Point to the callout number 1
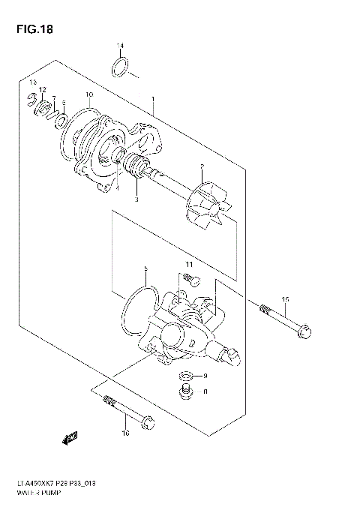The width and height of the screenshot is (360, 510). (x=154, y=99)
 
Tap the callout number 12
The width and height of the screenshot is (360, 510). (x=43, y=89)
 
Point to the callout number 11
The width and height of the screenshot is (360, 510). (x=190, y=265)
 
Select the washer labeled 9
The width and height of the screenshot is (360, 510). (x=184, y=375)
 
